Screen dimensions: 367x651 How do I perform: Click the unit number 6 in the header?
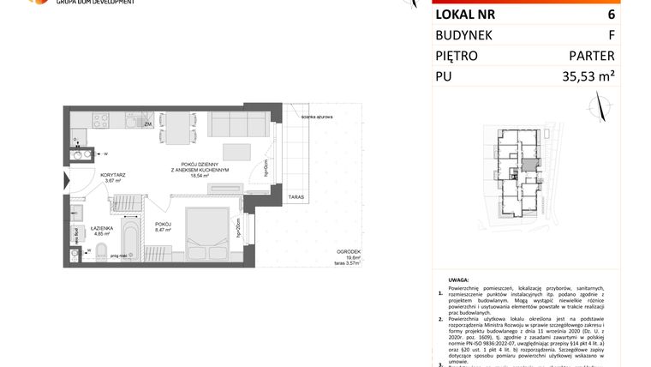pos(611,14)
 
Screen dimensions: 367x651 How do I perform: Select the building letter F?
pos(611,35)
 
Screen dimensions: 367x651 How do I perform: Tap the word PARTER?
pos(592,57)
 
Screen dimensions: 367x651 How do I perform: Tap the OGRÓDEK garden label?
pos(348,250)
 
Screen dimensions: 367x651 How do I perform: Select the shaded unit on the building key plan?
pos(531,163)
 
